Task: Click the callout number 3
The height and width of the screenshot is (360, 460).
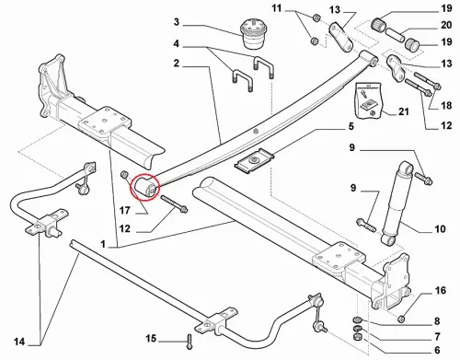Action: pos(176,22)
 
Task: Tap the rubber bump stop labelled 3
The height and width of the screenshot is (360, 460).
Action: pos(251,33)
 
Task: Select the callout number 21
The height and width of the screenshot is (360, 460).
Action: pos(404,111)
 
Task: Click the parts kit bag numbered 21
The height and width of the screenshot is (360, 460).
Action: pos(368,100)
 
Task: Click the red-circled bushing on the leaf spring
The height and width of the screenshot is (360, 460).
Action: pos(144,187)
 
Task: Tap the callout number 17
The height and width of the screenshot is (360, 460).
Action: pos(125,211)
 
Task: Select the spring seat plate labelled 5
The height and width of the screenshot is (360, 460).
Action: pos(254,160)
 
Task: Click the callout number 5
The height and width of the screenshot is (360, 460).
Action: pos(351,126)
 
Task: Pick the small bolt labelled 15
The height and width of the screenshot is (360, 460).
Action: pos(190,342)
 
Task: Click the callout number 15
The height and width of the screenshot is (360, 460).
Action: pos(151,339)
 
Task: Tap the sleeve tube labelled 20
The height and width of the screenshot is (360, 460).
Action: pos(396,34)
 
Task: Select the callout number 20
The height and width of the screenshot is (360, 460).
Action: pos(446,25)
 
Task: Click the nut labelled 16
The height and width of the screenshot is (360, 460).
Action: pos(402,319)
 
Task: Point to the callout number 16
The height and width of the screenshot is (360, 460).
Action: pos(441,290)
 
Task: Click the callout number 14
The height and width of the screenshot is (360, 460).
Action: pos(19,342)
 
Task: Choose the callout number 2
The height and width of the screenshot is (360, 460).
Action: pos(176,64)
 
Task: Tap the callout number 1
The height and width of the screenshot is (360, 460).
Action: pos(103,244)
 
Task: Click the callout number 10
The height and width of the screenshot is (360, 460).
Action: pos(440,228)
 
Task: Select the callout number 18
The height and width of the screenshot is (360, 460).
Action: pos(446,105)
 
